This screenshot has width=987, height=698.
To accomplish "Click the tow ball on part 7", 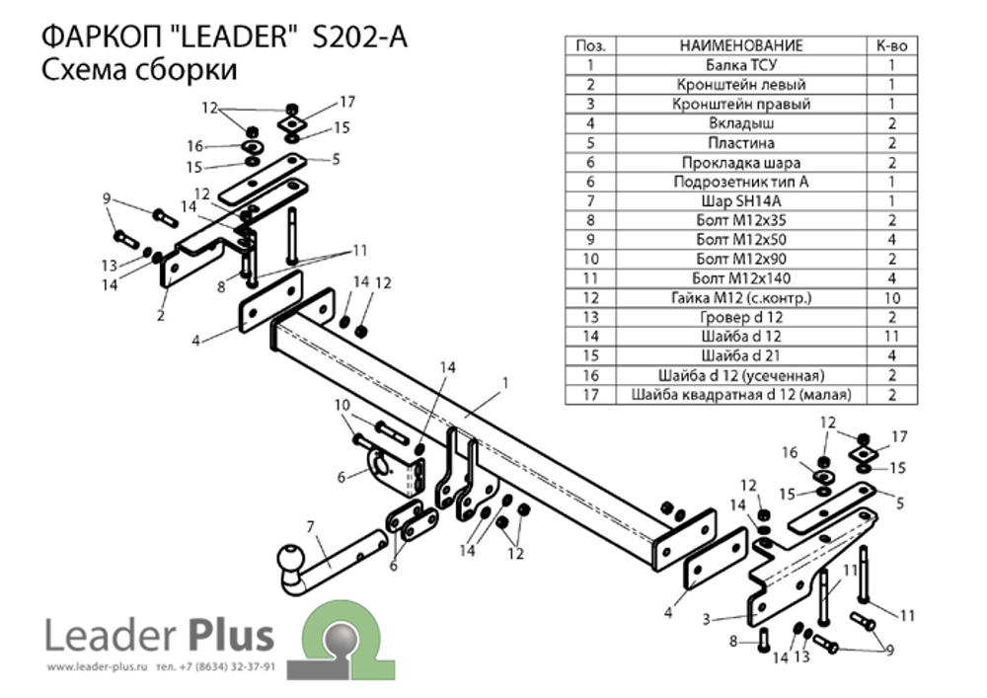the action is [x=291, y=560].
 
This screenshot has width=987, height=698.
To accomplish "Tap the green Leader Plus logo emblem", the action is [x=341, y=640].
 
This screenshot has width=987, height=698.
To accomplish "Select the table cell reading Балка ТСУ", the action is [x=741, y=65].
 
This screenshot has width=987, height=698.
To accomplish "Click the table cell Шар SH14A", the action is [x=741, y=200].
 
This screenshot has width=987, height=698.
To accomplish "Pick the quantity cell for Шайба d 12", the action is [x=892, y=336].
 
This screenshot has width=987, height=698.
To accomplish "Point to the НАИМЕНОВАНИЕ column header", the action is [x=741, y=45].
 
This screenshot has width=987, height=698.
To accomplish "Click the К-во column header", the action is [x=892, y=45].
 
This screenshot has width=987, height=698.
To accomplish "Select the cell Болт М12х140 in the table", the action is [x=741, y=278].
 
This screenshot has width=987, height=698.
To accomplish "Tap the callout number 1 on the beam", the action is [x=504, y=383].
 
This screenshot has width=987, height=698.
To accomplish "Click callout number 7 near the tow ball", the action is [x=310, y=527].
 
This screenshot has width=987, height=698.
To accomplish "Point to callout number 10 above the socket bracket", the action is [x=342, y=405].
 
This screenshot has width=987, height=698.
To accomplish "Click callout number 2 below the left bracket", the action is [x=161, y=315].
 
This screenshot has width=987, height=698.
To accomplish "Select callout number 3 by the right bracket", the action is [x=707, y=619].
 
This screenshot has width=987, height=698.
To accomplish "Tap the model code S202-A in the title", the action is [x=359, y=37].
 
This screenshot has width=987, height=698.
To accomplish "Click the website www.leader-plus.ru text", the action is [x=97, y=667].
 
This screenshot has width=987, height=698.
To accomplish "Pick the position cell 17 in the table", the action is [x=590, y=395].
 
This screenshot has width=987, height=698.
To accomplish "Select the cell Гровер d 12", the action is [x=741, y=317].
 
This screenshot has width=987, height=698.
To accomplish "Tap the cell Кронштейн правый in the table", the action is [x=741, y=104].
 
